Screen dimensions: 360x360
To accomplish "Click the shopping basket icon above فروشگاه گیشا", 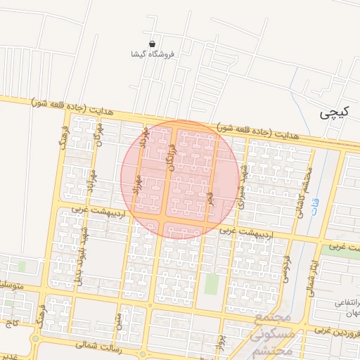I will [153, 44].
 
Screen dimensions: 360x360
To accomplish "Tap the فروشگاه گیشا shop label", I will [153, 54].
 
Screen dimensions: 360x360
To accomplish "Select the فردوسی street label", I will [286, 268].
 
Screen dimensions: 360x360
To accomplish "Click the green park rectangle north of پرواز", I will [212, 285].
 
